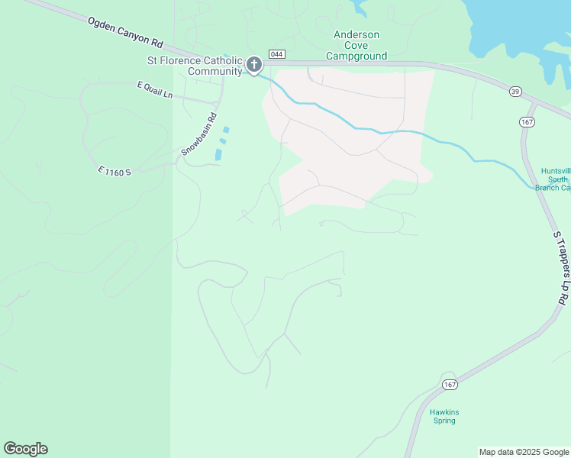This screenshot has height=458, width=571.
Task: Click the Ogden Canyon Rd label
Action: [126, 35]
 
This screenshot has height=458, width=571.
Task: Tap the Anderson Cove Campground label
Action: [356, 45]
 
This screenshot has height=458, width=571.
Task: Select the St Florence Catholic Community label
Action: [195, 66]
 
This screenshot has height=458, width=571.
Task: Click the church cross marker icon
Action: [254, 66]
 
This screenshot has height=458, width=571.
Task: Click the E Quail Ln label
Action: [155, 89]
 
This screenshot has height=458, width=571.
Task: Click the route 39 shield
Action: [516, 92]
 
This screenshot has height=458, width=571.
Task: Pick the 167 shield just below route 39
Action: [527, 122]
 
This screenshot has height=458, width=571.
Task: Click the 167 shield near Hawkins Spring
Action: [449, 383]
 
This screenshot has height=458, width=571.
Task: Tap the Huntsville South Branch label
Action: [555, 179]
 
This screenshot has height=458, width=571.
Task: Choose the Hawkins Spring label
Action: [444, 416]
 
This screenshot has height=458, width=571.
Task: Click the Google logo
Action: [25, 449]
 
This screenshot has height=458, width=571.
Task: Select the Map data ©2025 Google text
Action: [524, 452]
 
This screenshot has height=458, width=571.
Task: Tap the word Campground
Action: [356, 56]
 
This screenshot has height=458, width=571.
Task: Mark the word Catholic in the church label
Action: [223, 60]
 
